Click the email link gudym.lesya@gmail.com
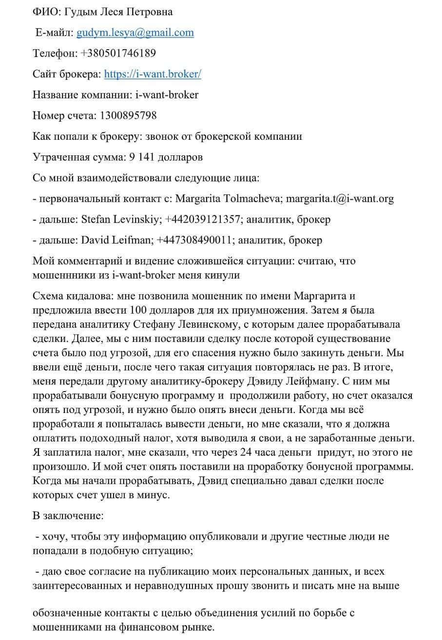[135, 33]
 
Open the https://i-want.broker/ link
[153, 75]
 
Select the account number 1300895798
[128, 116]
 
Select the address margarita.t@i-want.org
[340, 199]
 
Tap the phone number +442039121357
[203, 220]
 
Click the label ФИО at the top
[43, 12]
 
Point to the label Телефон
[54, 54]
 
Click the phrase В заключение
[68, 515]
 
